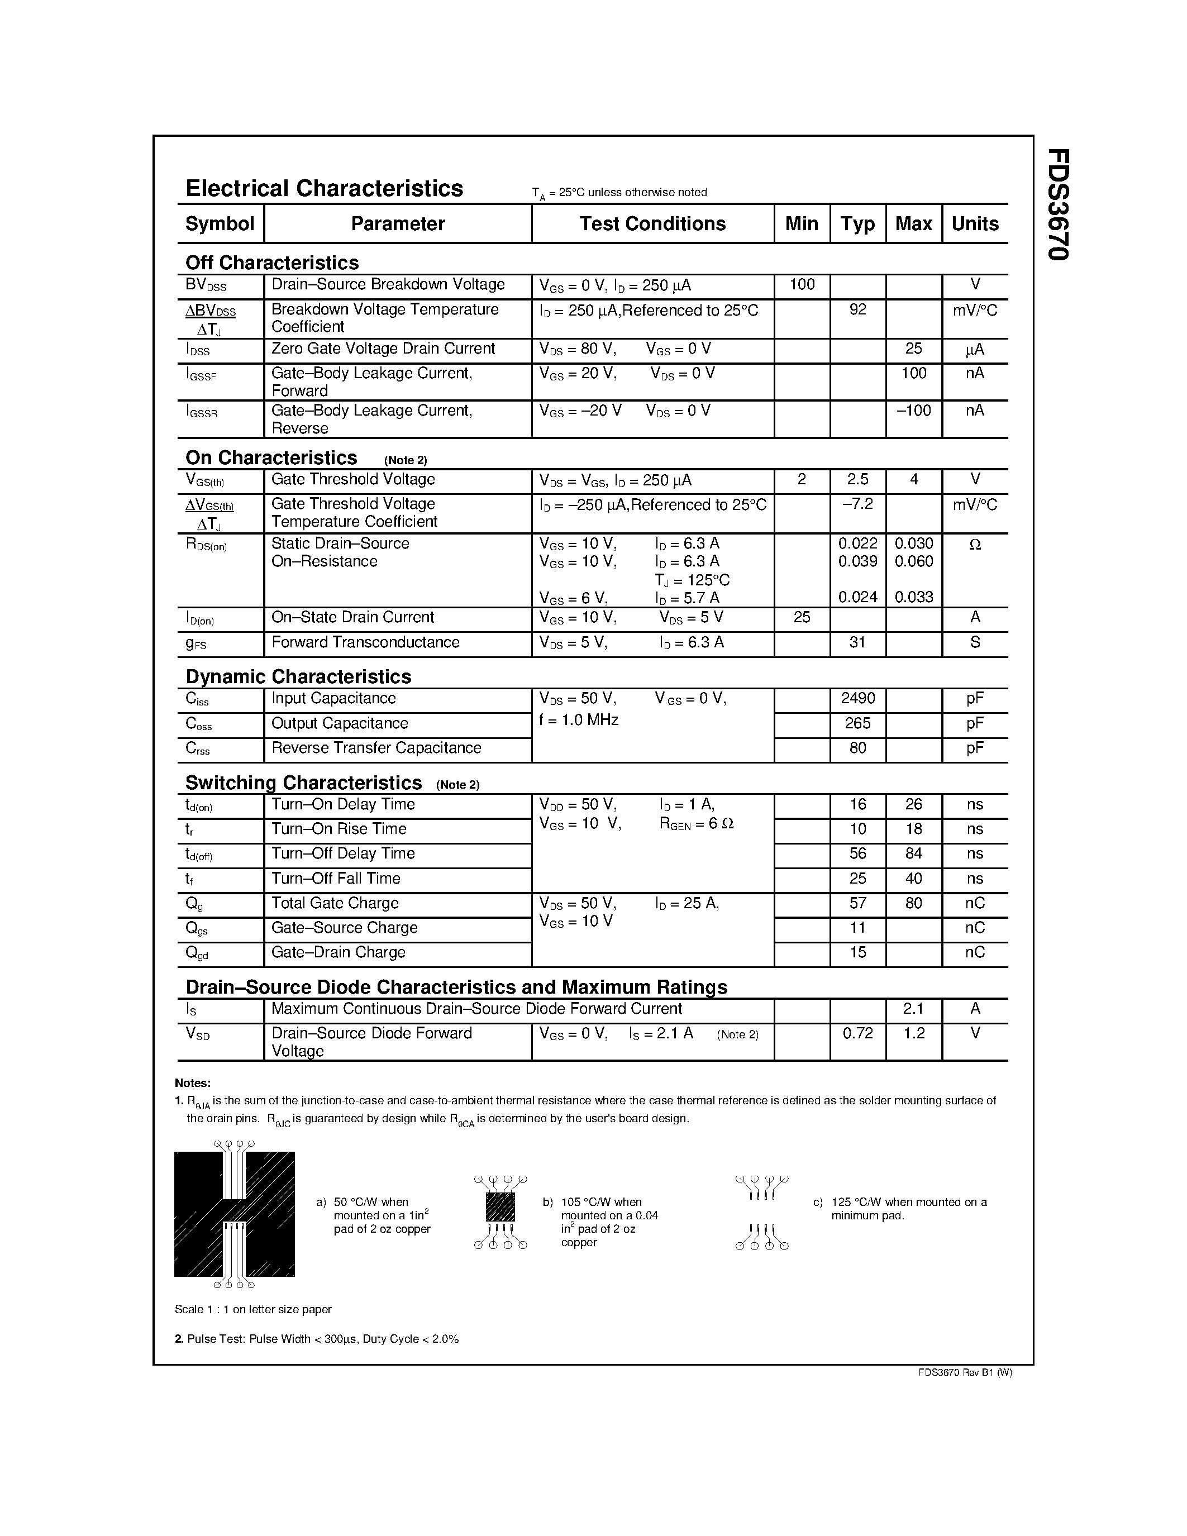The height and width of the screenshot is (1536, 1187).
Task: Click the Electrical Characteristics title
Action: (x=323, y=188)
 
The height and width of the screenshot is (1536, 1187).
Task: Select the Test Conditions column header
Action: (x=652, y=223)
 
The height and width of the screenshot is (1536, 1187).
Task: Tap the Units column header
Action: (x=975, y=223)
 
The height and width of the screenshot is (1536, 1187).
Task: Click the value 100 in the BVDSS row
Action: (x=802, y=285)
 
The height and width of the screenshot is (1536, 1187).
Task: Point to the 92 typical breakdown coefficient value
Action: (x=857, y=309)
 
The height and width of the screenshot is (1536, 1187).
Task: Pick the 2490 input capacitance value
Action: (x=857, y=698)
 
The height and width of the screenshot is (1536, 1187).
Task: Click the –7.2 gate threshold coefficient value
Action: (x=857, y=504)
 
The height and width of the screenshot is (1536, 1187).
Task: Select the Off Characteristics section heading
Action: (x=272, y=263)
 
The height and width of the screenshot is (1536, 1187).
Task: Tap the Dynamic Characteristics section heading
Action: (x=298, y=676)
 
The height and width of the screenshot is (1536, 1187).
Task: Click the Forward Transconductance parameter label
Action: (x=365, y=642)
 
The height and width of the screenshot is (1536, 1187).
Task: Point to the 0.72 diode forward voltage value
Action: (x=857, y=1033)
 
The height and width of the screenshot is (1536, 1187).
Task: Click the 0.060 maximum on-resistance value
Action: (x=913, y=561)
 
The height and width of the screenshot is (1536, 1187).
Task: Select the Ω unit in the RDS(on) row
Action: (x=975, y=543)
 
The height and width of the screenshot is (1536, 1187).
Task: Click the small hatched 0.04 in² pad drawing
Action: (x=500, y=1207)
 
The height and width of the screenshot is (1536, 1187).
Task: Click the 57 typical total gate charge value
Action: (x=857, y=903)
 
